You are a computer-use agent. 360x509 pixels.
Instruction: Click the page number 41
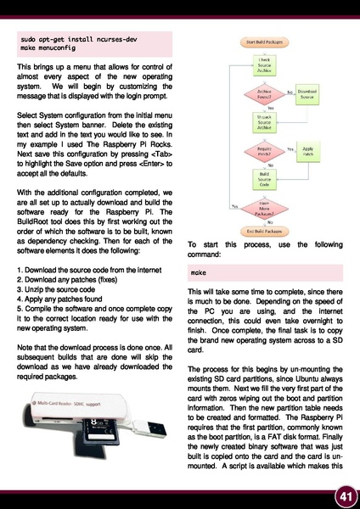(x=343, y=495)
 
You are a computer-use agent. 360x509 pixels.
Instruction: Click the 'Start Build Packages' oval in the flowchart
(x=264, y=41)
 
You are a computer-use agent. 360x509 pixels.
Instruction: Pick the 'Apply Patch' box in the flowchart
(x=307, y=150)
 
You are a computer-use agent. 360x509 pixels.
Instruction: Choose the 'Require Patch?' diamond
(x=264, y=150)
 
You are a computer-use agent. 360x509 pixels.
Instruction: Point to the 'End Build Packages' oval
(x=264, y=229)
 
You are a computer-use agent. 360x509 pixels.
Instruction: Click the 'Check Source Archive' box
(x=264, y=64)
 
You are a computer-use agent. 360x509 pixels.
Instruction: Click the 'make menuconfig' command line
(x=51, y=50)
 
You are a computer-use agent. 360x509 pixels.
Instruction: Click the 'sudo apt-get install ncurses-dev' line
(x=76, y=40)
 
